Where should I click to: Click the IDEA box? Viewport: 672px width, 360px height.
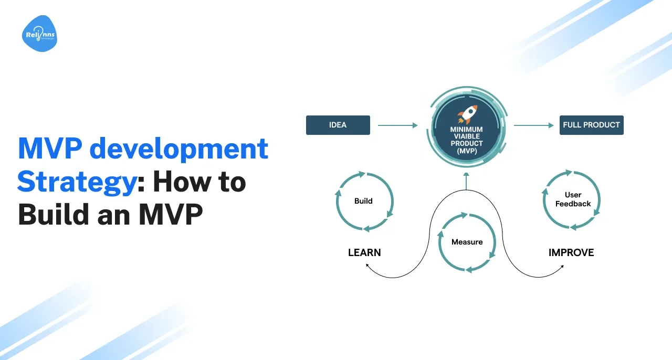coord(338,125)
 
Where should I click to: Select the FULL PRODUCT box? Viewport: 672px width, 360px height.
coord(591,125)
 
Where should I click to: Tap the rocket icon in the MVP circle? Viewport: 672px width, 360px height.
coord(467,113)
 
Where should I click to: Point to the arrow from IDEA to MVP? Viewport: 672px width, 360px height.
coord(397,125)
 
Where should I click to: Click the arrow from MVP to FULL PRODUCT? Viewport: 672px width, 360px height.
coord(533,125)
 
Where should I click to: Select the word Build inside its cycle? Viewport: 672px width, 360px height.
coord(363,200)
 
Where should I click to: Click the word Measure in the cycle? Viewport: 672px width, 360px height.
coord(467,242)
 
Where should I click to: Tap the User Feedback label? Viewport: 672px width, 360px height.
coord(573,199)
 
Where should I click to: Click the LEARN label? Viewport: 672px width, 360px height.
coord(364,252)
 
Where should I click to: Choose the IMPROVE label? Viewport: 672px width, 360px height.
coord(571,252)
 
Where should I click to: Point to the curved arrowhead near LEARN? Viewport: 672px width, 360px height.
coord(367,267)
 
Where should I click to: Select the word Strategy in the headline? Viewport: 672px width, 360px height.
coord(76,182)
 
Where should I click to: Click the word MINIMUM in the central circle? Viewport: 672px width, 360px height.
coord(467,129)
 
